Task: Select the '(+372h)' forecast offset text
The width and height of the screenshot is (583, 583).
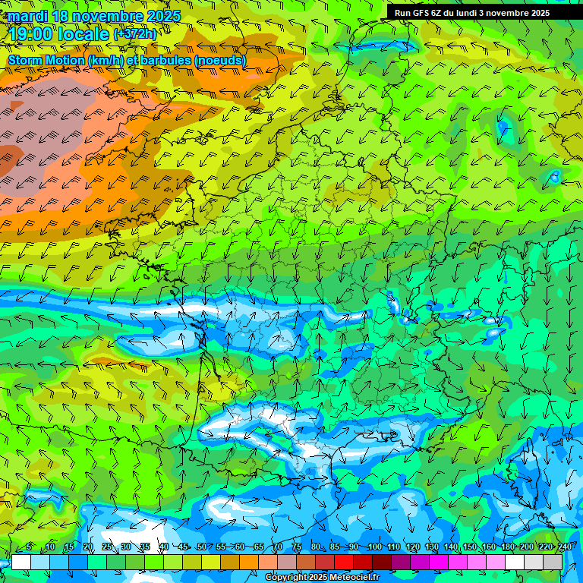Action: pyautogui.click(x=135, y=34)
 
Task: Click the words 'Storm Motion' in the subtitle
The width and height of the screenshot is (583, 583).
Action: pyautogui.click(x=46, y=60)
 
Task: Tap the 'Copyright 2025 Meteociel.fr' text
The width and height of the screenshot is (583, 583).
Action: pyautogui.click(x=322, y=578)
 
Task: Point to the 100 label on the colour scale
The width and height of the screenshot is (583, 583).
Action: pyautogui.click(x=374, y=547)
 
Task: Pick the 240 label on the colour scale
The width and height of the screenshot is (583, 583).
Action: pyautogui.click(x=564, y=547)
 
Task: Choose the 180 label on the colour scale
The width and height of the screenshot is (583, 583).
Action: pyautogui.click(x=507, y=547)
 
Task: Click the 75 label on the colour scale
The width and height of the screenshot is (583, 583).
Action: pyautogui.click(x=297, y=547)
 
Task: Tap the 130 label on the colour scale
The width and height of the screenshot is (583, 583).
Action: pyautogui.click(x=431, y=547)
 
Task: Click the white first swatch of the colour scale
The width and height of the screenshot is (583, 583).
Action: pyautogui.click(x=21, y=562)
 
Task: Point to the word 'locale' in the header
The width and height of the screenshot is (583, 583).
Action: pyautogui.click(x=84, y=34)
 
